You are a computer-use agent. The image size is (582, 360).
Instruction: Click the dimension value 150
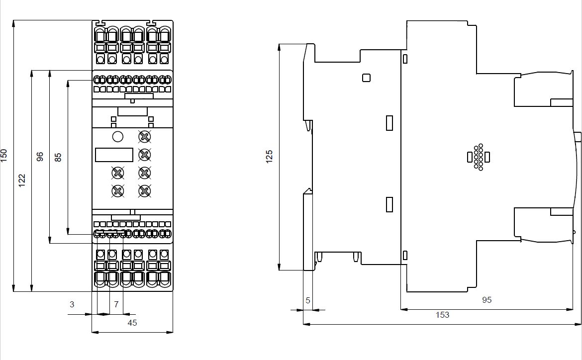click(x=4, y=155)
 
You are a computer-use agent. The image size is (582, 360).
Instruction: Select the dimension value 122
click(x=22, y=180)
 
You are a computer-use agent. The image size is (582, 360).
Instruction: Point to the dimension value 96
click(x=40, y=157)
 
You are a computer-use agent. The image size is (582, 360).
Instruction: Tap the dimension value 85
click(x=58, y=157)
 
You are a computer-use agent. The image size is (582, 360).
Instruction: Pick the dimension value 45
click(x=132, y=323)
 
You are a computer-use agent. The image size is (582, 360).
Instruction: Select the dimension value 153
click(x=442, y=315)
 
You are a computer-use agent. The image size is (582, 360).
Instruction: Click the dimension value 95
click(x=487, y=300)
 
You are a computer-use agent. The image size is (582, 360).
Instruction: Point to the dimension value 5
click(x=308, y=300)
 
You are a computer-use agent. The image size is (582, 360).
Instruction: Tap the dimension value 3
click(x=72, y=304)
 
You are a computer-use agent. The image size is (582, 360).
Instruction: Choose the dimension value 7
click(x=116, y=304)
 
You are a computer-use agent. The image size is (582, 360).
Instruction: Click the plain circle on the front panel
click(x=118, y=137)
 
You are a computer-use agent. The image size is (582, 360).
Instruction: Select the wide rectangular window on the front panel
click(x=114, y=155)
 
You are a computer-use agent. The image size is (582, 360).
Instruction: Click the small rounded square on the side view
click(x=367, y=78)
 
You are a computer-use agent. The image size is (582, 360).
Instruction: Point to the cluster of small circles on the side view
click(x=479, y=158)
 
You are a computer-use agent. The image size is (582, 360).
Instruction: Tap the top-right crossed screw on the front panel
click(x=144, y=137)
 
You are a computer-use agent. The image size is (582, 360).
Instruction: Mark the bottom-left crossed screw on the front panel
click(x=118, y=190)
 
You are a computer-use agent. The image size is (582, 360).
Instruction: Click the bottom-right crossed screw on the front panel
click(x=144, y=190)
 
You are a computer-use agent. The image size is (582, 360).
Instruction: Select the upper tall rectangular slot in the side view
click(x=389, y=122)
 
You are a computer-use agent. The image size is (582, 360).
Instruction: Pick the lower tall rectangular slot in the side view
click(x=389, y=204)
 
